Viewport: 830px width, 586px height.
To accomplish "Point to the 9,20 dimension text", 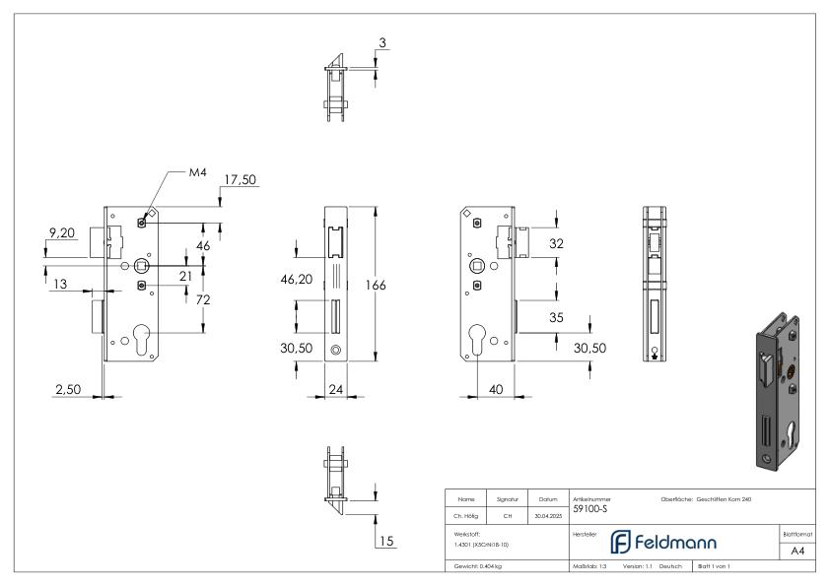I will pos(62,233).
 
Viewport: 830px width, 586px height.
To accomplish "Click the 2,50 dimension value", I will pos(68,389).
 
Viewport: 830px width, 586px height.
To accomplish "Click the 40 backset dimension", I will pos(495,389).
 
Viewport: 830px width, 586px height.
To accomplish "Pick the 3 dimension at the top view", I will pos(381,43).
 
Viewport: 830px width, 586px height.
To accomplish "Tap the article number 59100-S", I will pos(591,508).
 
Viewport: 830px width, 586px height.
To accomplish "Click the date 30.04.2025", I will pos(547,515).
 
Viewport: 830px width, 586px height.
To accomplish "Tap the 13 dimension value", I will pos(60,284).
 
